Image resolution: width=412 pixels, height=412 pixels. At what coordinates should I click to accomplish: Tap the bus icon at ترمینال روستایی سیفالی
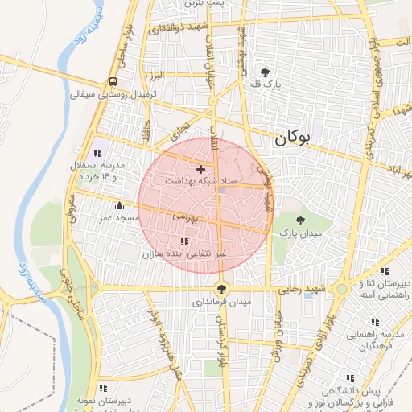112,81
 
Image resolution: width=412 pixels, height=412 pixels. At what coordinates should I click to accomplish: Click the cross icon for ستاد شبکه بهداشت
200,169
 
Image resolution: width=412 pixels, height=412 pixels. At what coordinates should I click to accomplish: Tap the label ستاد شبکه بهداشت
200,182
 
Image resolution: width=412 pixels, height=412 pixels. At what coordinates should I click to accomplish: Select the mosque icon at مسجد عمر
120,204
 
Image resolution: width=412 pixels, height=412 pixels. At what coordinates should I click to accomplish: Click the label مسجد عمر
120,217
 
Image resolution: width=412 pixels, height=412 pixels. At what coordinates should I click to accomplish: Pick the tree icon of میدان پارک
301,220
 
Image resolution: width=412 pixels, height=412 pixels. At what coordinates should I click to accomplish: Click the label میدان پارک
301,233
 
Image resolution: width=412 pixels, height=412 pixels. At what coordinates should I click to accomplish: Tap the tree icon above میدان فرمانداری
221,289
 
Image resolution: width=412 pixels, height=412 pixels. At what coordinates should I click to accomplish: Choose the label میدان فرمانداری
221,302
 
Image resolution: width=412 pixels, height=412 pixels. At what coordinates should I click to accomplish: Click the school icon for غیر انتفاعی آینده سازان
184,241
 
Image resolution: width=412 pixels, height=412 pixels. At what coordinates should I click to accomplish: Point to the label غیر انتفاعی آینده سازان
185,253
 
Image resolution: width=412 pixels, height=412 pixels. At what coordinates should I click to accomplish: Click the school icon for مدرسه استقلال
99,153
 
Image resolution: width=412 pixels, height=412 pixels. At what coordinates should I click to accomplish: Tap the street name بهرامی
183,216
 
